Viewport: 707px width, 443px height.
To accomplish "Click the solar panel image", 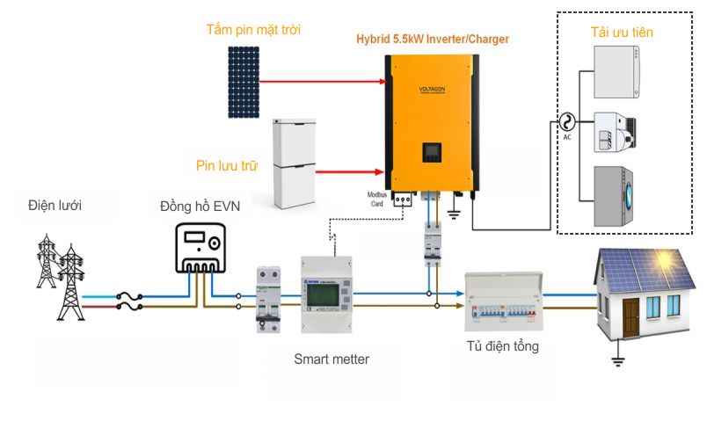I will (244, 82).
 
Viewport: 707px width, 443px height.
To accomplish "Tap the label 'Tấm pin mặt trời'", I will (253, 30).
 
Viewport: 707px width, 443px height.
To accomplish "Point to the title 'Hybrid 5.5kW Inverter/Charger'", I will (432, 40).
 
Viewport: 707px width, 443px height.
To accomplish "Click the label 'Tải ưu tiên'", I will (621, 33).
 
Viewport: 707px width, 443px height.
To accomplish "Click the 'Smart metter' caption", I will (332, 359).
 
